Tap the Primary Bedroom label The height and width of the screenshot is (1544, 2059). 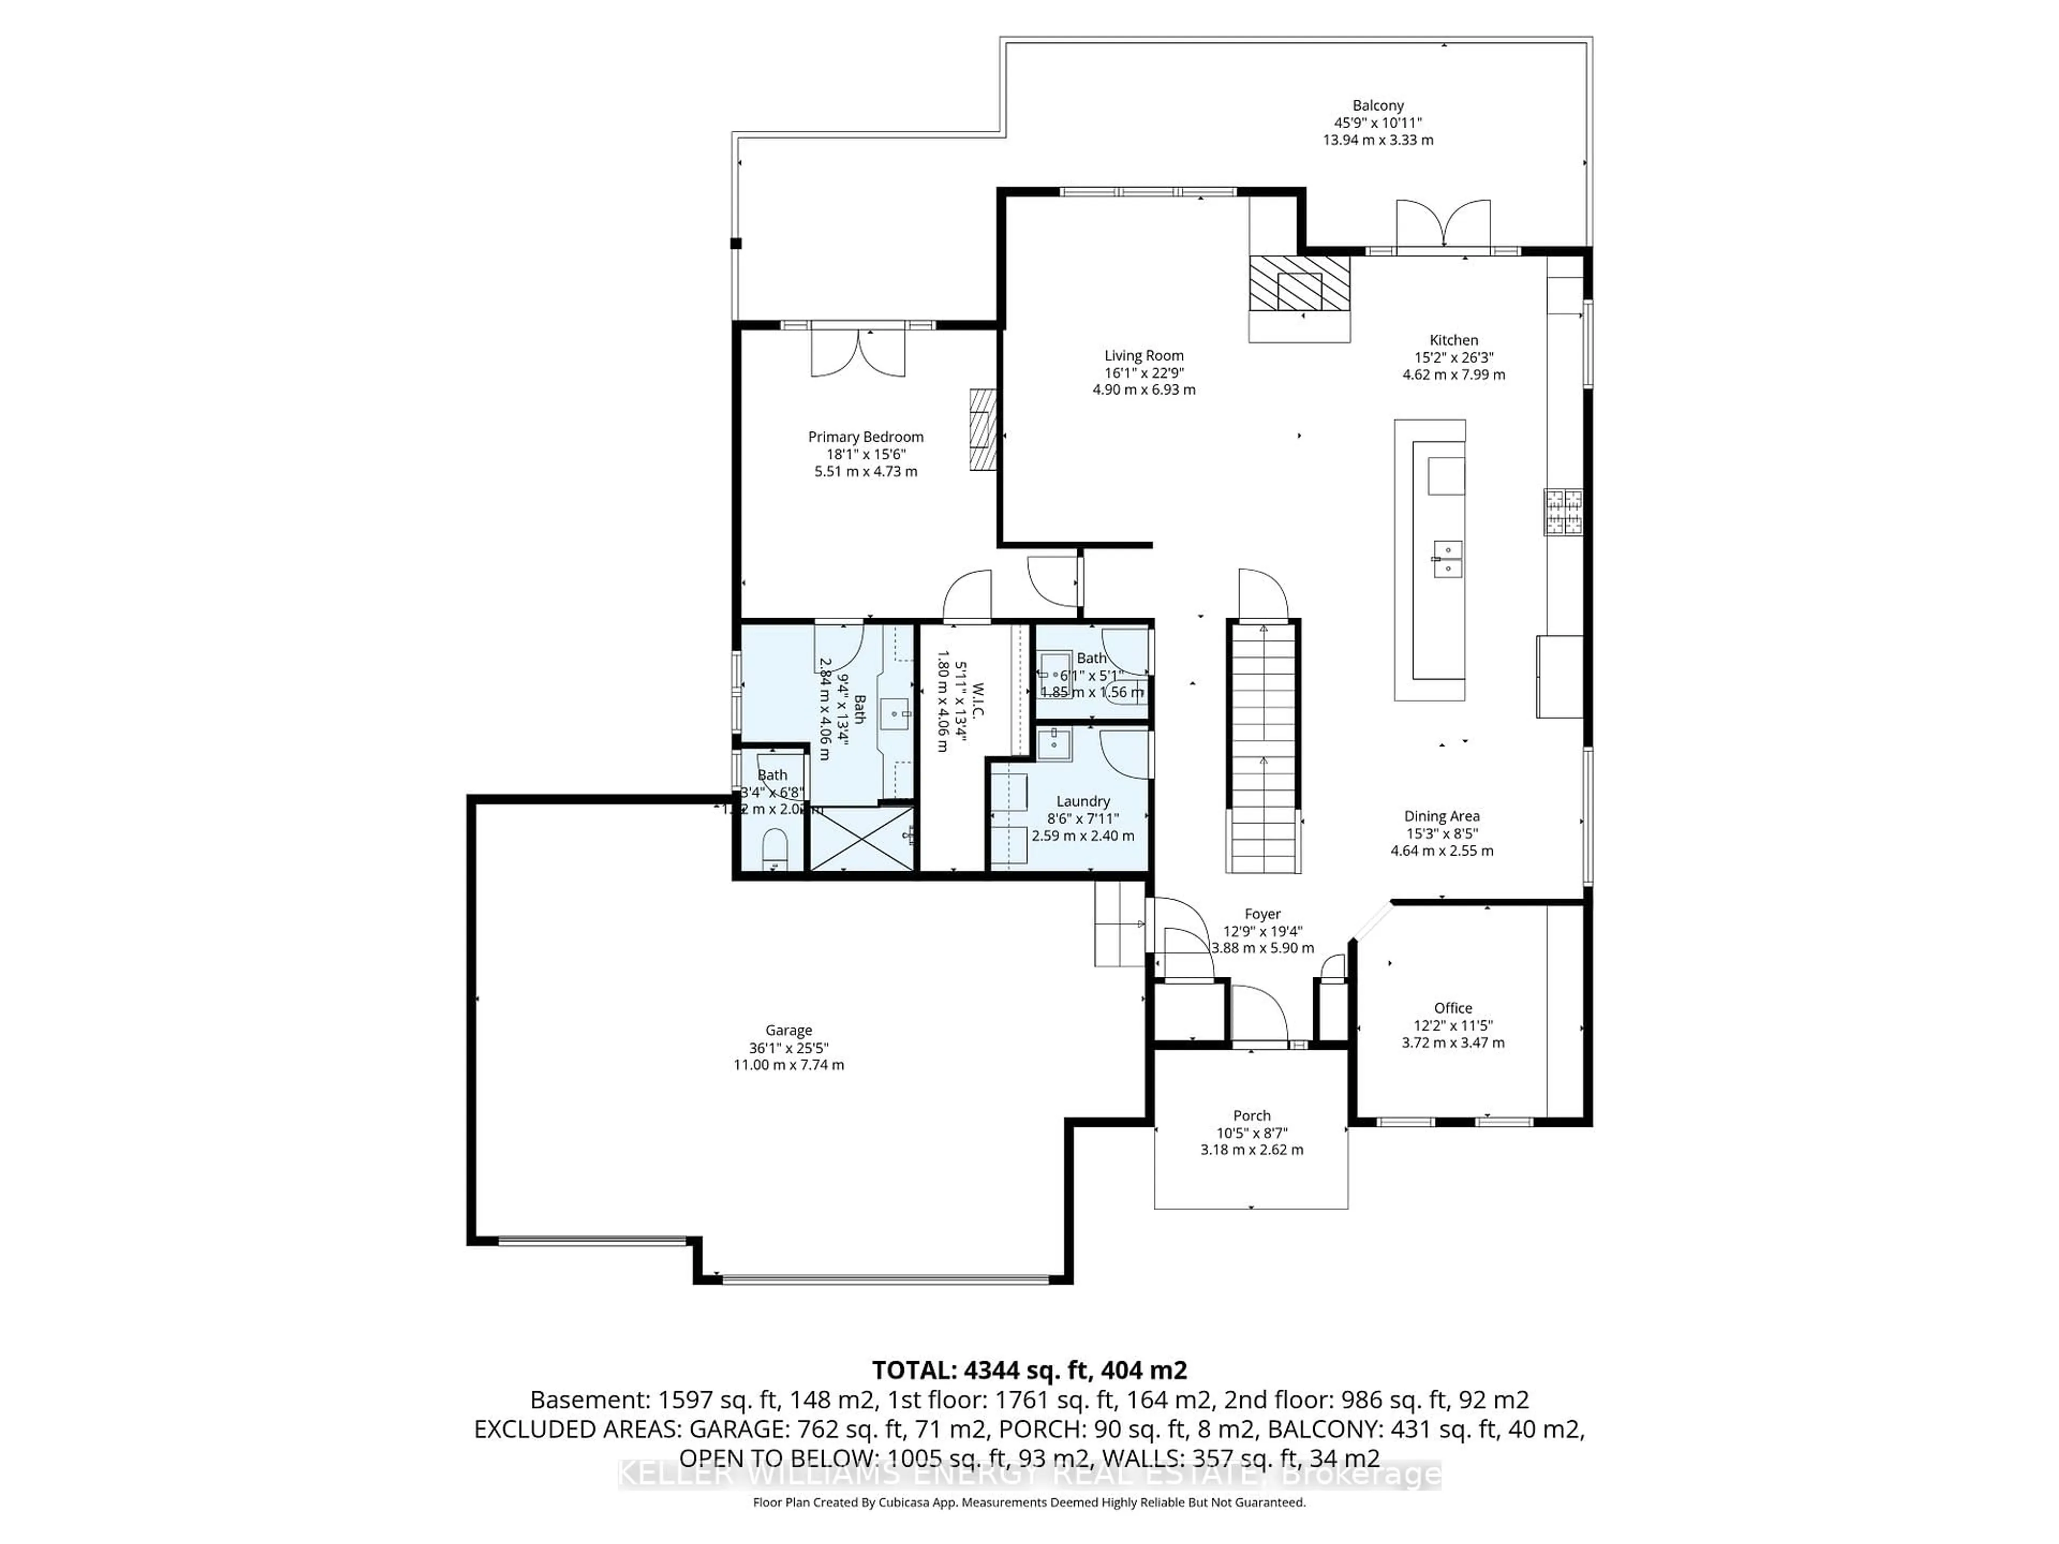coord(865,436)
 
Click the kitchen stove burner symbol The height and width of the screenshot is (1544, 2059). coord(1564,512)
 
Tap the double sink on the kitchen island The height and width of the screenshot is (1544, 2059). coord(1447,559)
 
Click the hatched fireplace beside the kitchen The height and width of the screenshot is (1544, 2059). coord(1299,284)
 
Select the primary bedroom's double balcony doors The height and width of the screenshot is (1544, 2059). coord(858,352)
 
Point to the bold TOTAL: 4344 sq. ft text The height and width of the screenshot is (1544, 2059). coord(1028,1370)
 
